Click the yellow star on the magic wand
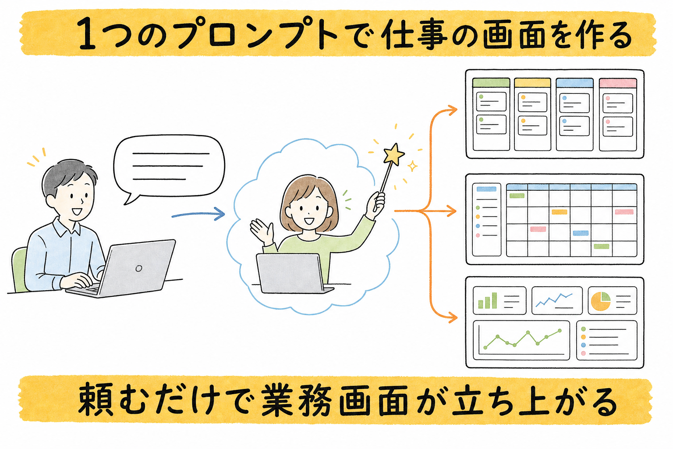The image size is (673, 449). [x=394, y=154]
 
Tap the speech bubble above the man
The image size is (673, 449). [x=169, y=167]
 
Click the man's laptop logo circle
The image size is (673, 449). [x=139, y=268]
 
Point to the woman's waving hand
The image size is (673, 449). [x=261, y=231]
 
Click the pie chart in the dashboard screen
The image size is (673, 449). [x=601, y=301]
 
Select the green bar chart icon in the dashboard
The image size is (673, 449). [x=487, y=300]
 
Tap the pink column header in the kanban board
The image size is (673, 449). [x=618, y=83]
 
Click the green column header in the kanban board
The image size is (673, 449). [x=491, y=83]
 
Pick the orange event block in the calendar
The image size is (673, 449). [x=560, y=212]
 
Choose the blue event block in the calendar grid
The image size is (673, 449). [x=581, y=233]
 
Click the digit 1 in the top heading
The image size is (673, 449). [x=87, y=33]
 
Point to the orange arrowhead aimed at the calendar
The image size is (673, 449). [x=451, y=211]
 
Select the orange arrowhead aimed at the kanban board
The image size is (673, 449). [x=451, y=110]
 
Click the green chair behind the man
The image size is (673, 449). [x=19, y=269]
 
